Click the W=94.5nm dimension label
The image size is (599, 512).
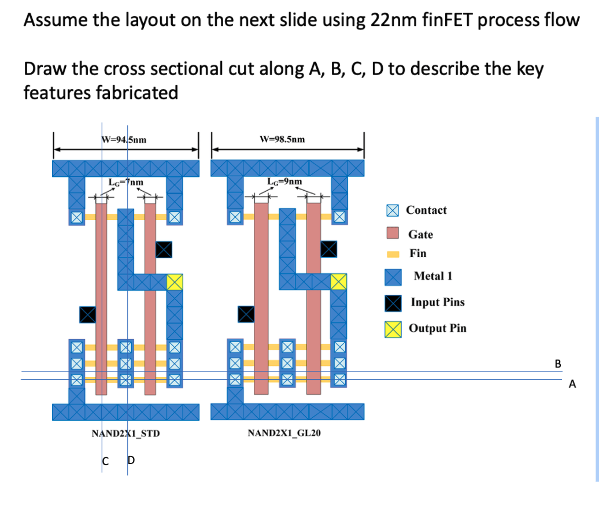[x=124, y=139]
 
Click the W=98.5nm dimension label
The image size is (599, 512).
[x=282, y=139]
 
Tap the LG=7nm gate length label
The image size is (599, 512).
[x=126, y=183]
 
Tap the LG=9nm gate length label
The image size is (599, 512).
[x=284, y=182]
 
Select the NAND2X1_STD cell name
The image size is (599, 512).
[x=125, y=433]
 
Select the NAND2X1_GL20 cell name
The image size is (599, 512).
[x=283, y=433]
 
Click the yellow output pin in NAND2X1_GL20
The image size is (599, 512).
[x=339, y=282]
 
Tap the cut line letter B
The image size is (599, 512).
[x=557, y=364]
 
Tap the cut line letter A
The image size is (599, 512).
[x=572, y=384]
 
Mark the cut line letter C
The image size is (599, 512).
[x=105, y=461]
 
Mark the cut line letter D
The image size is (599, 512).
[x=131, y=461]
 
